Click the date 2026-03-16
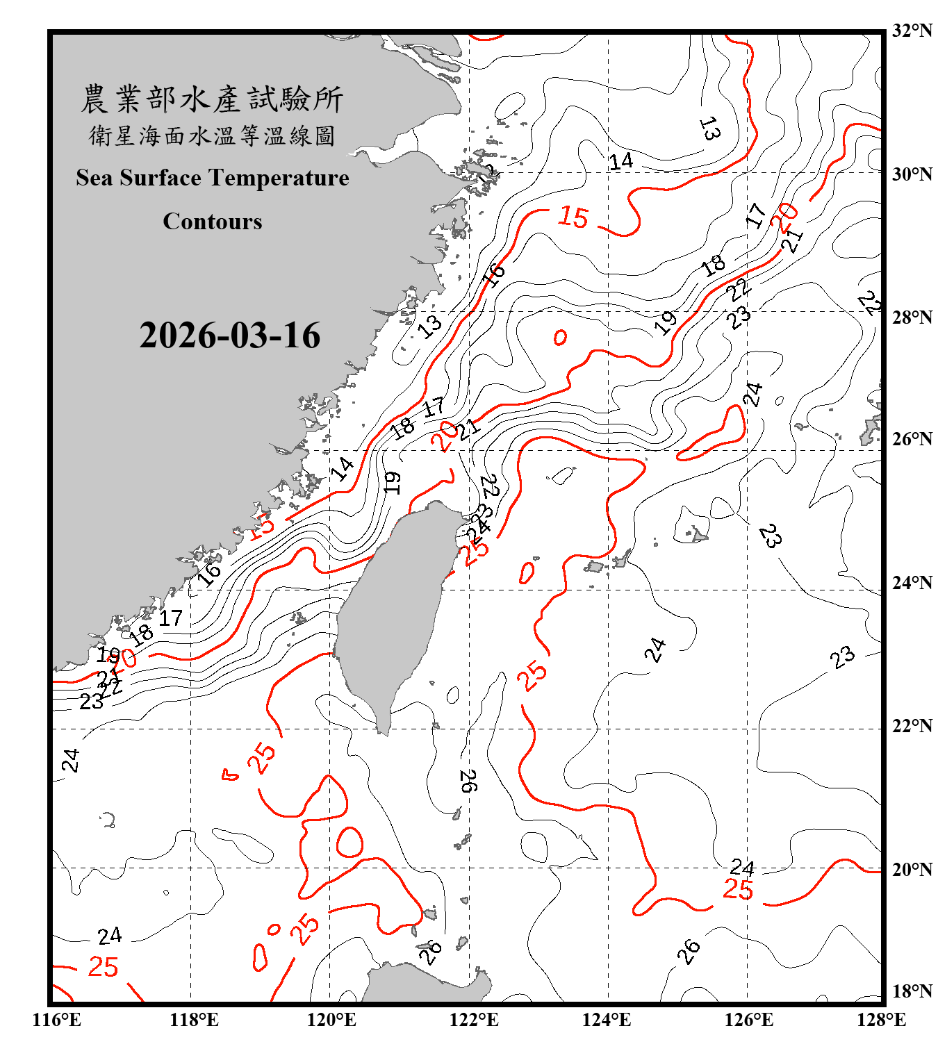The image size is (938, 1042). pyautogui.click(x=229, y=336)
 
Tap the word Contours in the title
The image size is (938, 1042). pyautogui.click(x=213, y=222)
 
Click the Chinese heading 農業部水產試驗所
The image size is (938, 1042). pyautogui.click(x=212, y=99)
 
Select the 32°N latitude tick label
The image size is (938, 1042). pyautogui.click(x=912, y=31)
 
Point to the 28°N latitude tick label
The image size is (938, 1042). pyautogui.click(x=912, y=317)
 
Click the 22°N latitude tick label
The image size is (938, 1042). pyautogui.click(x=912, y=727)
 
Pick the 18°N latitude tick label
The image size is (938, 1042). pyautogui.click(x=912, y=991)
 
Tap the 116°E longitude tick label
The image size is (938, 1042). pyautogui.click(x=56, y=1020)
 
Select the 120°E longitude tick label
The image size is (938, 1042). pyautogui.click(x=331, y=1020)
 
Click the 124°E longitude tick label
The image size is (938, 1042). pyautogui.click(x=607, y=1020)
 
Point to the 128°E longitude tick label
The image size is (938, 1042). pyautogui.click(x=881, y=1020)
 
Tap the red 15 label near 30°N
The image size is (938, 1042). pyautogui.click(x=573, y=217)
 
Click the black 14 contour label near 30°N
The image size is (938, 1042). pyautogui.click(x=620, y=162)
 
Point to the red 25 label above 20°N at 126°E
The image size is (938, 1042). pyautogui.click(x=738, y=890)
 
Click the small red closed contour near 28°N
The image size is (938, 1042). pyautogui.click(x=560, y=338)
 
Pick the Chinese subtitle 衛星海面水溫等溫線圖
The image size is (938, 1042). pyautogui.click(x=212, y=135)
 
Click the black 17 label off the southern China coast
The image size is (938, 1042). pyautogui.click(x=171, y=618)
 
